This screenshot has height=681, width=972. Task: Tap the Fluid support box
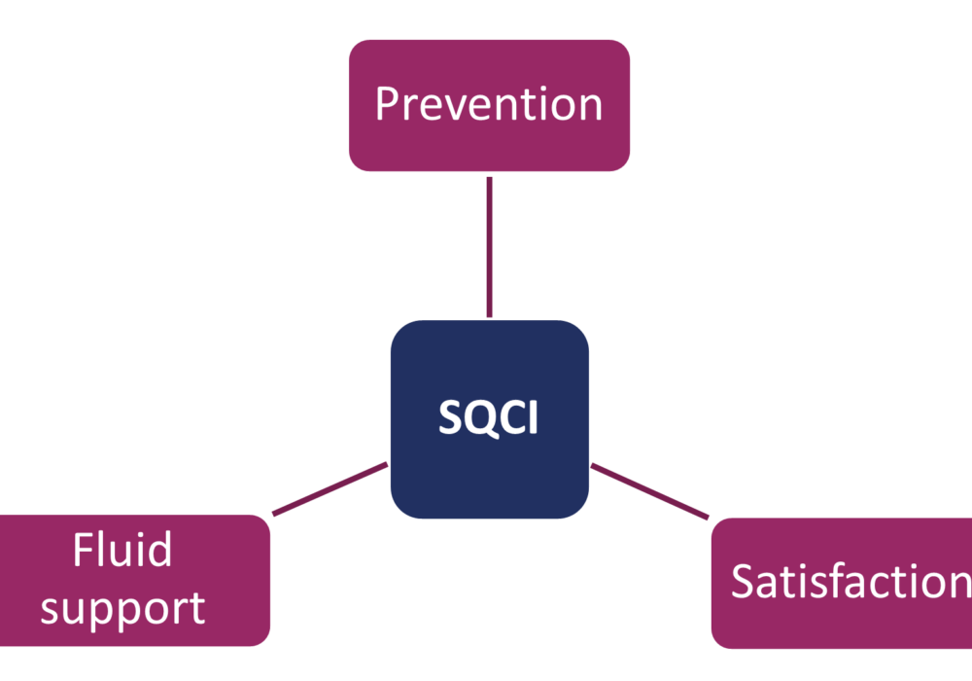136,581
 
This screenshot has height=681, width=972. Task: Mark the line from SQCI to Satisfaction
649,490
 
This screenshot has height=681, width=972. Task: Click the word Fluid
122,551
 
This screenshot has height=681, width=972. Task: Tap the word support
122,608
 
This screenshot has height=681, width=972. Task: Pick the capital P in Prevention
387,104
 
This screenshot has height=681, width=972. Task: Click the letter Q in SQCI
475,419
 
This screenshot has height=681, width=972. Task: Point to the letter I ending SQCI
531,419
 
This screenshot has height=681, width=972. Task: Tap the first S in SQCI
449,419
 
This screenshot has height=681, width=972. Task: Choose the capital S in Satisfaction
744,581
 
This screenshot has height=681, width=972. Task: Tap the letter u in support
80,610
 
